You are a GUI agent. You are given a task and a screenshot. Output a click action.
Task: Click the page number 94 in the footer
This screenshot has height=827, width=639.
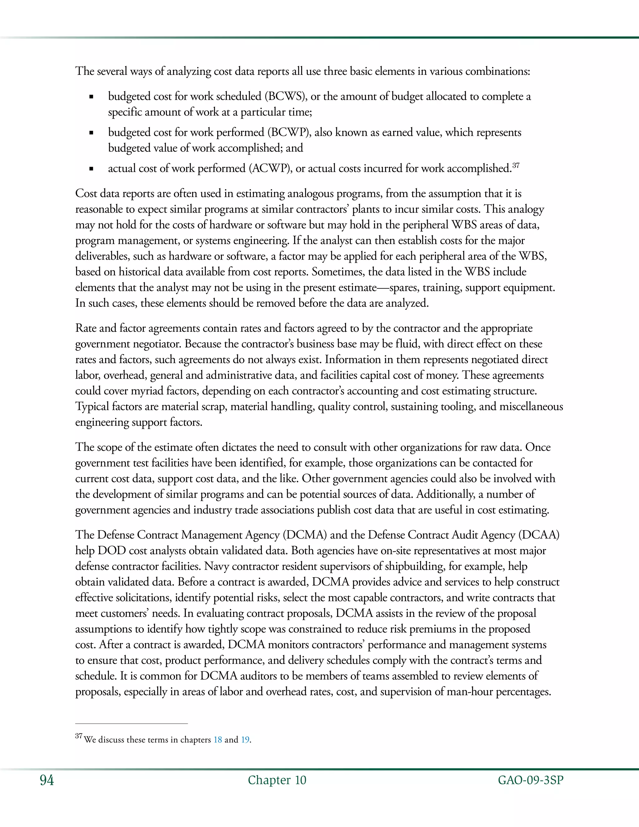(x=47, y=780)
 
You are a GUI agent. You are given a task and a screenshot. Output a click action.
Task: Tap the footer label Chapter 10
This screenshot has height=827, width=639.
(x=277, y=780)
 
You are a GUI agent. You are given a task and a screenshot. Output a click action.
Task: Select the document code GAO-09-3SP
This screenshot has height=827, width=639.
(x=530, y=780)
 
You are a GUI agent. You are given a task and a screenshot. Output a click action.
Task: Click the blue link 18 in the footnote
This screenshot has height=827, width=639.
(x=218, y=740)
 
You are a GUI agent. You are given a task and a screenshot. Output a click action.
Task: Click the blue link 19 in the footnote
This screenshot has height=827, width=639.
(x=245, y=740)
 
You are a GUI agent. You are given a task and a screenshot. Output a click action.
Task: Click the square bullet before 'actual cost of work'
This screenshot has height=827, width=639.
(x=91, y=169)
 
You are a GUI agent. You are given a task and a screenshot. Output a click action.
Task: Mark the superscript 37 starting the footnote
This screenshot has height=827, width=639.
(x=79, y=736)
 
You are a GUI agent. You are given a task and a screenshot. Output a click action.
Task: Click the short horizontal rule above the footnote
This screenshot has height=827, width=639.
(x=131, y=724)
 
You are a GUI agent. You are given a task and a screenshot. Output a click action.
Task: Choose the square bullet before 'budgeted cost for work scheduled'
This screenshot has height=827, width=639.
(x=91, y=97)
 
